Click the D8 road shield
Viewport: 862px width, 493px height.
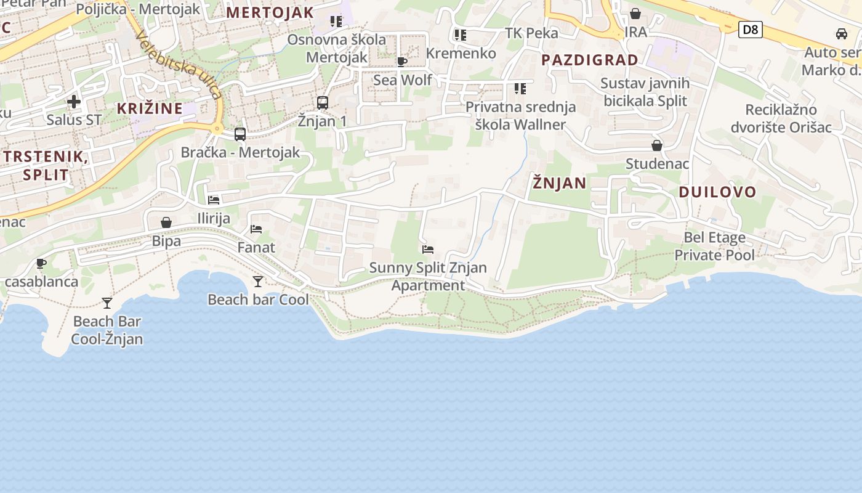pos(751,29)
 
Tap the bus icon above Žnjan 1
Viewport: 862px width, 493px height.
pos(323,102)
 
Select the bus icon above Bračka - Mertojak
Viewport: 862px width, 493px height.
pos(240,134)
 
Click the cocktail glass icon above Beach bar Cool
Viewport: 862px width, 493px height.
pos(258,282)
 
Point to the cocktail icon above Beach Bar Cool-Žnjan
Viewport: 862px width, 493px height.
pos(107,303)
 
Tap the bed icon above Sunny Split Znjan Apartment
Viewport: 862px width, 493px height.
pos(428,250)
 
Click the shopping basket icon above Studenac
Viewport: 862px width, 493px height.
pos(657,145)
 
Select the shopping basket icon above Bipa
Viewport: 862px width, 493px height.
pos(166,222)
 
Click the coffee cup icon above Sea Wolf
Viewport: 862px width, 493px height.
pos(402,62)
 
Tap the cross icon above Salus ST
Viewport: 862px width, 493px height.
pos(74,102)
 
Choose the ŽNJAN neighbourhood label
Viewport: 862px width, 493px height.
pos(560,183)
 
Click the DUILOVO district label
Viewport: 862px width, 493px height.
pos(717,192)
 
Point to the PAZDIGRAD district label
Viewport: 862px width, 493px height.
pos(590,60)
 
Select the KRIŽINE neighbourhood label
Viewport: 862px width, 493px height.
pos(150,108)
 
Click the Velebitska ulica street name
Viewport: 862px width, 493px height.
pos(178,64)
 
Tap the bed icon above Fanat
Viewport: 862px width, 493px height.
pos(256,229)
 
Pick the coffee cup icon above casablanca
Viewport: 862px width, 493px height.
pos(41,264)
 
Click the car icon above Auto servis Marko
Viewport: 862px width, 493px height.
pos(842,34)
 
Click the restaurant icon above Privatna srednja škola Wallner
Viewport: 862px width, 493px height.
pos(520,89)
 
